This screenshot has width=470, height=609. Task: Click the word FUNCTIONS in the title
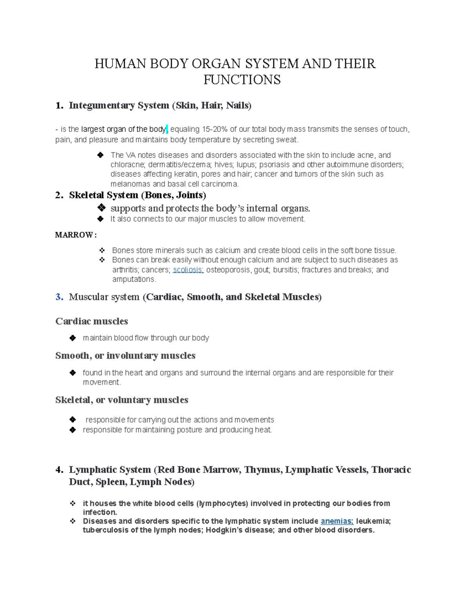tap(242, 80)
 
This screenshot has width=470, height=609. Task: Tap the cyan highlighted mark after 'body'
tap(167, 129)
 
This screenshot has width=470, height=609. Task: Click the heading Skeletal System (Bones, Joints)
tap(137, 195)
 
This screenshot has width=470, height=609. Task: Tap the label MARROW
tap(74, 235)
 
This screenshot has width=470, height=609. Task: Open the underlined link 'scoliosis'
tap(188, 270)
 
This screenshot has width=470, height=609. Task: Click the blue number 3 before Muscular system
tap(59, 297)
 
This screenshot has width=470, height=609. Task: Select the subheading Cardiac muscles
tap(92, 321)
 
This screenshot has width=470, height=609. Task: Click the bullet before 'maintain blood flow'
tap(72, 338)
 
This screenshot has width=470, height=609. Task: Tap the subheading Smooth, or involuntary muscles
tap(125, 356)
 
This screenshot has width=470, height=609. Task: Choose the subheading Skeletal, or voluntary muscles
tap(121, 400)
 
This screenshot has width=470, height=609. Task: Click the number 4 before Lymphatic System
tap(59, 470)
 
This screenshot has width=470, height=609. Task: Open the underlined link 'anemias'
tap(337, 521)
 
